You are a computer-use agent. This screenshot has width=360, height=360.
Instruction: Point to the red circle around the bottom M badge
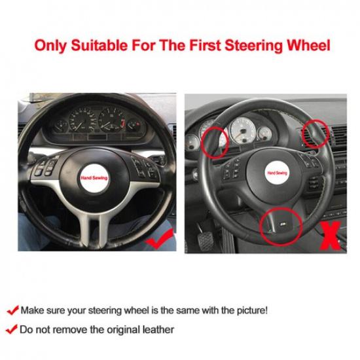pyautogui.click(x=282, y=225)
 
